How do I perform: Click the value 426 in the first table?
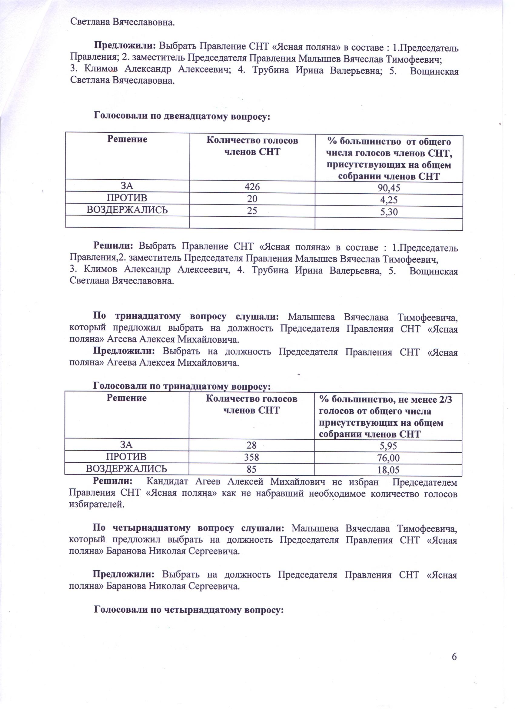click(x=252, y=187)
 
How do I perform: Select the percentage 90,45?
click(x=388, y=188)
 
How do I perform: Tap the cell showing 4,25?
click(x=388, y=200)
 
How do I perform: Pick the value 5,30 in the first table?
click(x=388, y=212)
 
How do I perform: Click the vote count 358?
click(x=251, y=457)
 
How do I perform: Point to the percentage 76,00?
click(x=388, y=458)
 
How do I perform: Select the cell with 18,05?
click(x=388, y=470)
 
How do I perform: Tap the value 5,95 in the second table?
click(x=388, y=446)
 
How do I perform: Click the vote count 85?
click(x=251, y=469)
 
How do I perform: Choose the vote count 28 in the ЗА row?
click(x=251, y=445)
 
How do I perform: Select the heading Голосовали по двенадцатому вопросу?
click(x=182, y=116)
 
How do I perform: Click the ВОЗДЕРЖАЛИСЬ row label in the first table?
click(x=127, y=210)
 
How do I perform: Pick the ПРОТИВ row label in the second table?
click(x=126, y=457)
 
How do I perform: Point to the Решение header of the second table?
click(x=126, y=398)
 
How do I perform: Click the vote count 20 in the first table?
click(x=252, y=198)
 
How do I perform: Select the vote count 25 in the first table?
click(x=252, y=210)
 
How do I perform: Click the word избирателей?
click(x=96, y=504)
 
